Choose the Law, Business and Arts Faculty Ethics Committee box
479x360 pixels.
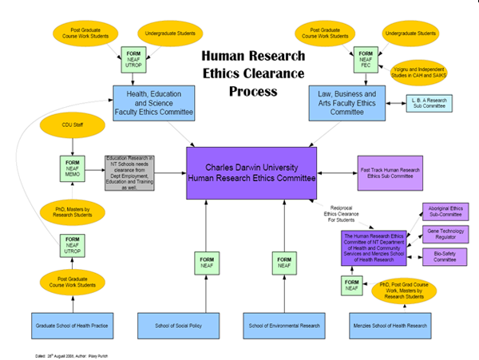click(x=348, y=103)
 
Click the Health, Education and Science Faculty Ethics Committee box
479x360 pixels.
click(x=152, y=103)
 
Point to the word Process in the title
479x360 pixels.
click(x=252, y=91)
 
